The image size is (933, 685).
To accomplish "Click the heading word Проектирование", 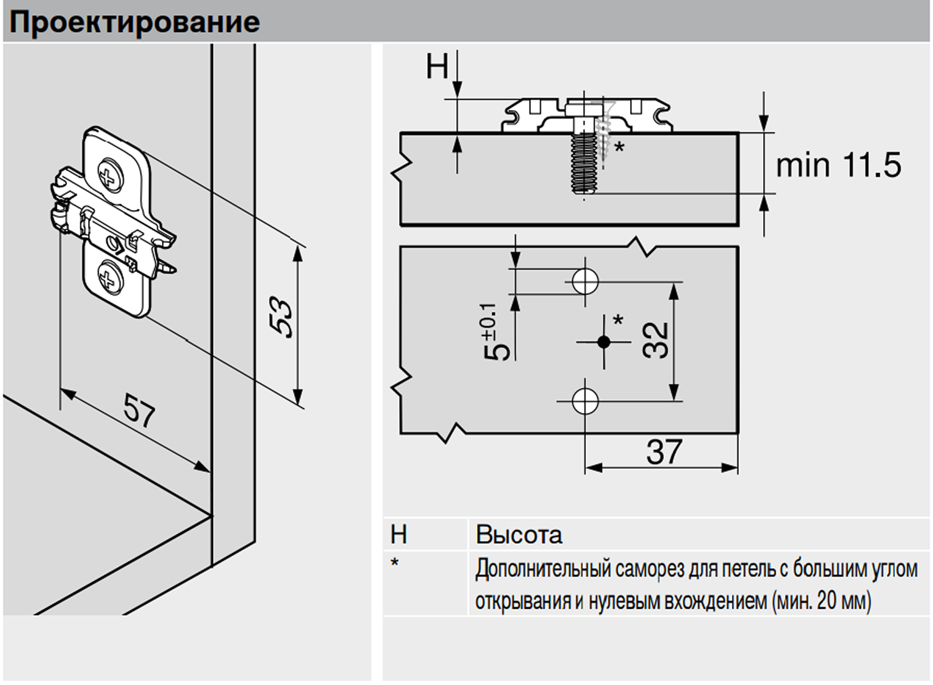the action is (134, 23).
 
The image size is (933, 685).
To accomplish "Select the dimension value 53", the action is (281, 316).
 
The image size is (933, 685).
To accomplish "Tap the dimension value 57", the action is (139, 411).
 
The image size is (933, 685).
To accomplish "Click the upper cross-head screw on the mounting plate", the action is (111, 175).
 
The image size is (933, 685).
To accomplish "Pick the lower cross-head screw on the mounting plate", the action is (111, 276).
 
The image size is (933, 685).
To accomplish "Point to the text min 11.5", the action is (839, 165).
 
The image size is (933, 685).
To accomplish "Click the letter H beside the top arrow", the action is (437, 66).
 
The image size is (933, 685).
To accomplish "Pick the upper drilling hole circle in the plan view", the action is (585, 281).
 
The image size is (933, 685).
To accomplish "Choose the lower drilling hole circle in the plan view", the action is (585, 401).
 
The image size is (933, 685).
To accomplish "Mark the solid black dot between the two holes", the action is (603, 342).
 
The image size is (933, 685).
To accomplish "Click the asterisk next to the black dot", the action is (618, 320).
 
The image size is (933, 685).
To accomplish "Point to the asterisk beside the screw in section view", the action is (620, 147).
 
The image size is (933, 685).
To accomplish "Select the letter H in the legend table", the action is (398, 534).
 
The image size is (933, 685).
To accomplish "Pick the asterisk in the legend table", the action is (395, 563).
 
